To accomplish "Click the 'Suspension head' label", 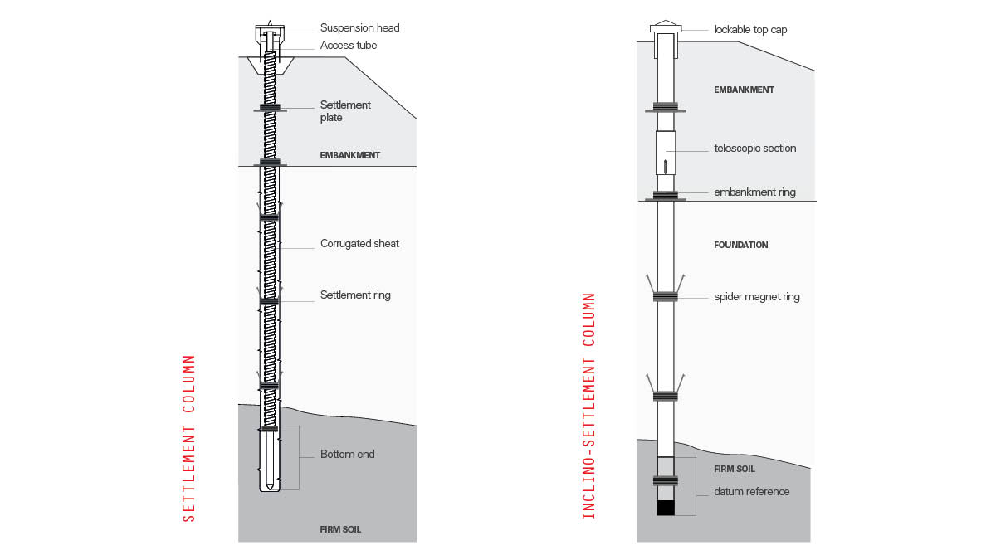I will pyautogui.click(x=359, y=28).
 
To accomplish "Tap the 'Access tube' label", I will pyautogui.click(x=349, y=46).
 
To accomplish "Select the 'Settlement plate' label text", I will pyautogui.click(x=345, y=111).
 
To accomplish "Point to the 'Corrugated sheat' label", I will pyautogui.click(x=359, y=244).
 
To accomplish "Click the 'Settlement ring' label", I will pyautogui.click(x=355, y=295).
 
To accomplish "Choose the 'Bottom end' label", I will pyautogui.click(x=348, y=455).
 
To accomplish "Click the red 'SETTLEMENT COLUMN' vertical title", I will pyautogui.click(x=189, y=438).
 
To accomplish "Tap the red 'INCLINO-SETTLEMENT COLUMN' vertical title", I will pyautogui.click(x=589, y=406).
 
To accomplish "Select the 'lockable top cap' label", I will pyautogui.click(x=750, y=30).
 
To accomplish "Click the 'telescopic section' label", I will pyautogui.click(x=754, y=149).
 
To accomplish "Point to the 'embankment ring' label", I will pyautogui.click(x=754, y=192).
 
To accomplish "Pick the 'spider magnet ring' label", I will pyautogui.click(x=756, y=297).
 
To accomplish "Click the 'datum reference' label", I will pyautogui.click(x=752, y=492).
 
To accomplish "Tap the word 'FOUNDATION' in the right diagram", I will pyautogui.click(x=741, y=246).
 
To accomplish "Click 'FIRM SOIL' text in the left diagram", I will pyautogui.click(x=340, y=529).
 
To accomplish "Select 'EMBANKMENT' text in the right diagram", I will pyautogui.click(x=744, y=90).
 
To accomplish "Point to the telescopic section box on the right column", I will pyautogui.click(x=666, y=153).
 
